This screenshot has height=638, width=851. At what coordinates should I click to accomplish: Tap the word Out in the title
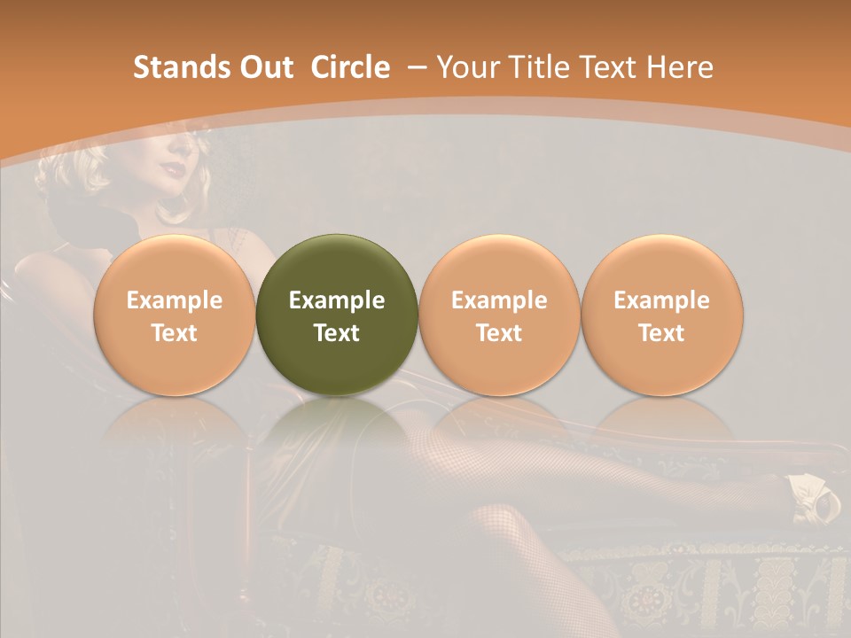coord(264,67)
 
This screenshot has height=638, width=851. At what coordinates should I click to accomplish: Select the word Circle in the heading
coord(350,67)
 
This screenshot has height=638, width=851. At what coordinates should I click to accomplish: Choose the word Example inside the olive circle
coord(337,300)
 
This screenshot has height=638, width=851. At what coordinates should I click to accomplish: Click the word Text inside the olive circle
coord(337,333)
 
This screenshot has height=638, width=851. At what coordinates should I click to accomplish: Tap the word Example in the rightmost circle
coord(662,300)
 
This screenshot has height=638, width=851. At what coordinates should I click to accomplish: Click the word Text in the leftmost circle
coord(175,333)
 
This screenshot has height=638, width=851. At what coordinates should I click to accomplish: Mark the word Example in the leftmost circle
coord(175,300)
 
